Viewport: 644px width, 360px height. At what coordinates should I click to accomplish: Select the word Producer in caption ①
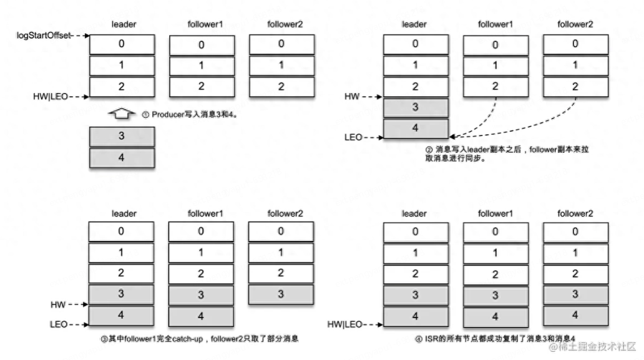[167, 115]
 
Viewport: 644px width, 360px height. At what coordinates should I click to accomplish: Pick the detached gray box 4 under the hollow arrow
[121, 157]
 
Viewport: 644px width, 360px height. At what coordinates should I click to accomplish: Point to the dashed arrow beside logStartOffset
[81, 36]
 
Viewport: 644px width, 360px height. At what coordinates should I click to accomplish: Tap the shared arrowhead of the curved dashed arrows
[452, 135]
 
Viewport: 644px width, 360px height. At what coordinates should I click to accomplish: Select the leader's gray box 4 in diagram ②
[415, 128]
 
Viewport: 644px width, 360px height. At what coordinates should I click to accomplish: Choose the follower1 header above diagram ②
[495, 24]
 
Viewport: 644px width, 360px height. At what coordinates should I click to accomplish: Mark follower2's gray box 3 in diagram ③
[280, 294]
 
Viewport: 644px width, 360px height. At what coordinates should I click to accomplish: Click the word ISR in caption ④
[429, 339]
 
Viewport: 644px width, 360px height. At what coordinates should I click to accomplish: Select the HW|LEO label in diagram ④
[344, 324]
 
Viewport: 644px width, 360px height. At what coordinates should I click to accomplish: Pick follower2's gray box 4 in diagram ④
[575, 314]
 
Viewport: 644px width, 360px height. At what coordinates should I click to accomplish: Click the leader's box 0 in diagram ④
[415, 231]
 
